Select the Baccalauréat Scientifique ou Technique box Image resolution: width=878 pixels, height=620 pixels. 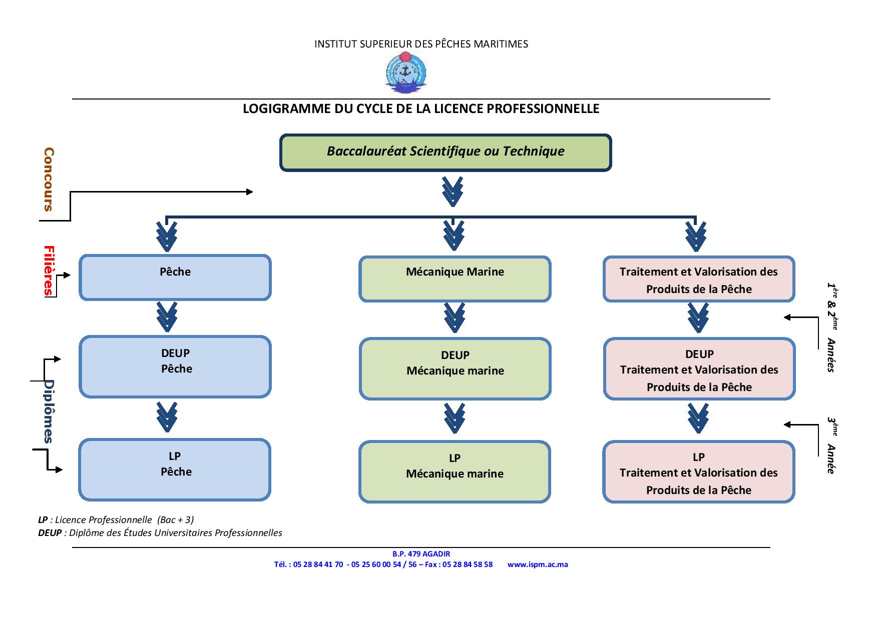click(x=446, y=152)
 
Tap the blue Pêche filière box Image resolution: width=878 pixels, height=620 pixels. click(x=175, y=277)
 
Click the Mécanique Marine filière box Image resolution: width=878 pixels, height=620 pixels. click(x=455, y=279)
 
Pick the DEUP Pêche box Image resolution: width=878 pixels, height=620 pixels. click(x=175, y=366)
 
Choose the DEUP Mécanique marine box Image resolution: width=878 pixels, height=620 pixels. click(x=455, y=369)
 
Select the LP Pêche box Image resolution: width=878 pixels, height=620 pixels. click(x=175, y=469)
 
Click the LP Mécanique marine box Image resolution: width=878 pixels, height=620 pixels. click(x=455, y=471)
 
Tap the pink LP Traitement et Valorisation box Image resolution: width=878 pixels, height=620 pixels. click(x=698, y=472)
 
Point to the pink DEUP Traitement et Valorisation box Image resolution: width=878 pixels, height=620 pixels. click(x=699, y=369)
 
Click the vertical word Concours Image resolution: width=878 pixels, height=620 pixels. click(x=49, y=179)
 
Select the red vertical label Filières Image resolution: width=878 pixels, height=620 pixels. click(x=49, y=271)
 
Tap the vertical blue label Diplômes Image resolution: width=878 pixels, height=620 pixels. click(x=49, y=411)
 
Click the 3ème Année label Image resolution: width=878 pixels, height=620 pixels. click(x=831, y=445)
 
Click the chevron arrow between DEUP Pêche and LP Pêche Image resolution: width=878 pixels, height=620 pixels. click(x=167, y=416)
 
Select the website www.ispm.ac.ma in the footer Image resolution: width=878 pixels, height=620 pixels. click(x=538, y=564)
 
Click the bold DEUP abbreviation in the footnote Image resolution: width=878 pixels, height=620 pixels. click(x=49, y=533)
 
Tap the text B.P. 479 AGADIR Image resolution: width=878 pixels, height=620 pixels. click(x=421, y=554)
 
